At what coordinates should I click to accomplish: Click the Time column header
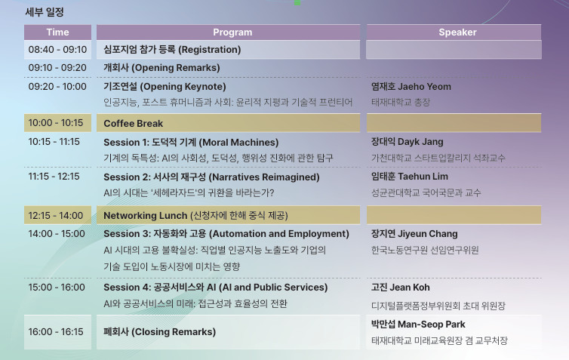(57, 32)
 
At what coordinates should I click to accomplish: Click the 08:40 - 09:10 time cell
(57, 49)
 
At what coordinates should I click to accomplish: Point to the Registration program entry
(172, 49)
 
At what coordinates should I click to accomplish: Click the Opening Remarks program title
(161, 68)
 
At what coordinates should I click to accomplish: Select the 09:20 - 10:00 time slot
(57, 87)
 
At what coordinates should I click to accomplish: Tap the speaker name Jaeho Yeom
(411, 87)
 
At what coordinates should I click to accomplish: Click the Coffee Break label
(133, 123)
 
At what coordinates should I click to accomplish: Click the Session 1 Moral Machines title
(191, 142)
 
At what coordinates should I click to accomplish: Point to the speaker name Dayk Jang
(408, 142)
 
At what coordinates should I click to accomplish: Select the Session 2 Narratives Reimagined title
(211, 177)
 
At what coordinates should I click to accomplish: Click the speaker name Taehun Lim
(410, 177)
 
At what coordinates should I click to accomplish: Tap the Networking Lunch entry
(196, 216)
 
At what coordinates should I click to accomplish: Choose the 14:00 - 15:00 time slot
(57, 234)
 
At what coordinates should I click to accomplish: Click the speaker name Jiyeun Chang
(414, 234)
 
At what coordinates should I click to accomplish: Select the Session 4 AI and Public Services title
(216, 288)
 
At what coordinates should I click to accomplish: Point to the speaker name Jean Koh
(400, 288)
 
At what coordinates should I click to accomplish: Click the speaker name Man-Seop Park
(418, 324)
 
